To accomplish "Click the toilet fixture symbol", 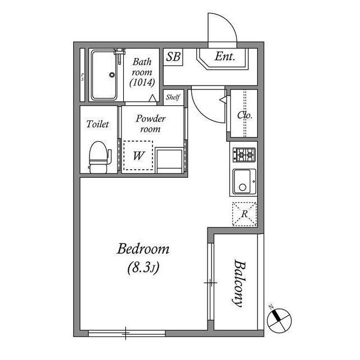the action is (99, 157).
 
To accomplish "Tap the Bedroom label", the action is (143, 249).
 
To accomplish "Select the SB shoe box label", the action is (173, 57).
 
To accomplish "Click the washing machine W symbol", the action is (138, 156).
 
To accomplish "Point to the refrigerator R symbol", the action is (244, 214).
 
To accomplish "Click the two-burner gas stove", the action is (244, 155).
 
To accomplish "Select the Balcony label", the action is (239, 283).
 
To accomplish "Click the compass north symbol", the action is (280, 319).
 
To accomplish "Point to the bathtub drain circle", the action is (112, 75).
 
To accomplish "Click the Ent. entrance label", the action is (225, 56).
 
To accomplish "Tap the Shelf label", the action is (173, 97).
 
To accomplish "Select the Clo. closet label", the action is (245, 115).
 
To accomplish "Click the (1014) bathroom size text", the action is (142, 83).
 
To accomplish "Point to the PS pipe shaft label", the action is (83, 77).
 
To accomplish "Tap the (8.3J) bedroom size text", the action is (143, 267).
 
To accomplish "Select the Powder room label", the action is (150, 124).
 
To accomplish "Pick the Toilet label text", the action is (97, 124).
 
